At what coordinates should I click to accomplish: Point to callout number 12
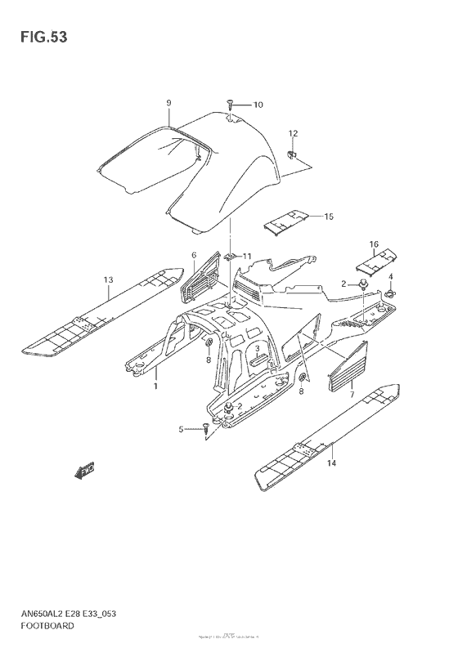[x=293, y=133]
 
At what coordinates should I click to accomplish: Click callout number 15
[x=329, y=217]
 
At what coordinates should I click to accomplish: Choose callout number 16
[x=373, y=244]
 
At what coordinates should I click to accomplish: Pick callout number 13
[x=108, y=280]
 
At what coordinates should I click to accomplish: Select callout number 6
[x=194, y=256]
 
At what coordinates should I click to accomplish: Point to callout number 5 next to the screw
[x=182, y=428]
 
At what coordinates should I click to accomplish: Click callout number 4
[x=391, y=277]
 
